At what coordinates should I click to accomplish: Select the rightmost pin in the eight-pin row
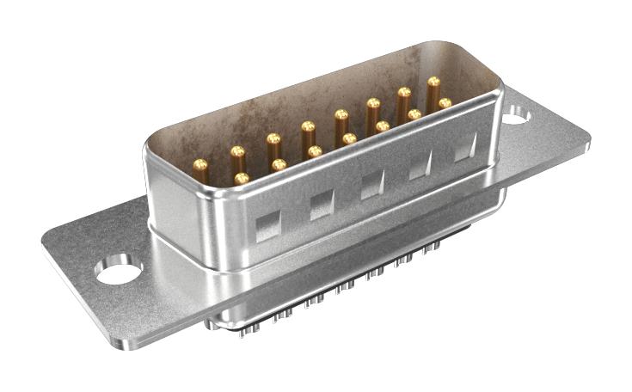tap(433, 83)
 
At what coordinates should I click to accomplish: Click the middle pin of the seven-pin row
tap(349, 138)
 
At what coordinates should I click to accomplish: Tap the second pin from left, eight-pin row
tap(237, 151)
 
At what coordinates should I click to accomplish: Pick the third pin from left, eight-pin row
tap(273, 138)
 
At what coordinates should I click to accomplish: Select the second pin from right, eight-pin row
tap(403, 93)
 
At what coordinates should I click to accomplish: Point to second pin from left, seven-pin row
tap(279, 163)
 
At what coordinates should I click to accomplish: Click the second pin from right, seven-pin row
tap(414, 114)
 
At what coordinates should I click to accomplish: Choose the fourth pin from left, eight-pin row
tap(307, 126)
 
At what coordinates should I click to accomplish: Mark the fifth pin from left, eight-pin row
tap(341, 114)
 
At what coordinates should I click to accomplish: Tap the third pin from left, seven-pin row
tap(315, 151)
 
